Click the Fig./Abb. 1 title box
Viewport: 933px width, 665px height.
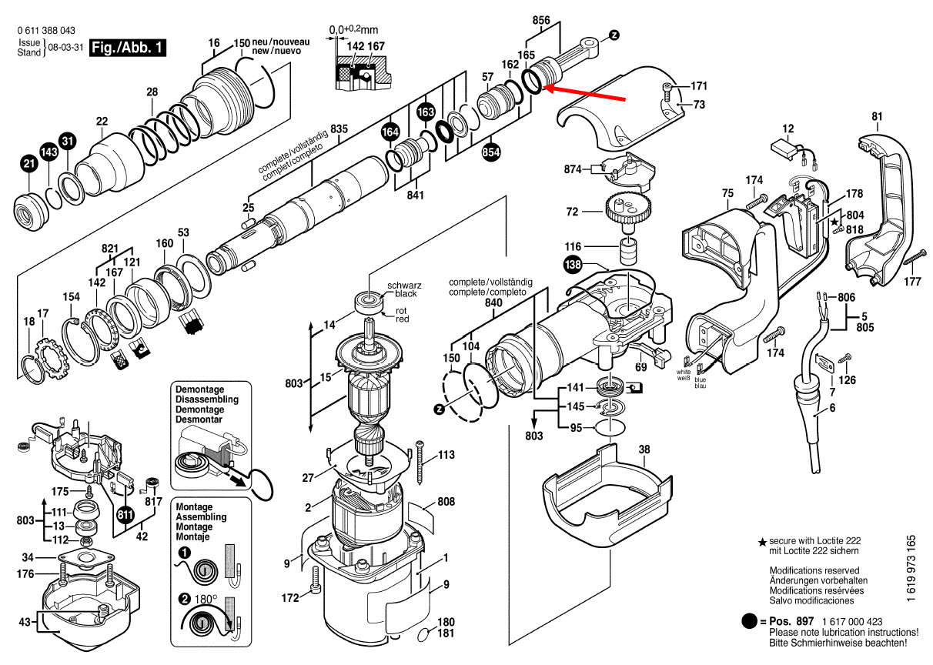coord(127,48)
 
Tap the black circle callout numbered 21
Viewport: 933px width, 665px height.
coord(28,163)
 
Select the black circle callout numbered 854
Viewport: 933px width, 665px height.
coord(490,152)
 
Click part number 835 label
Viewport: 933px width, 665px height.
coord(339,128)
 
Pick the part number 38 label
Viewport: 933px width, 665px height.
coord(644,450)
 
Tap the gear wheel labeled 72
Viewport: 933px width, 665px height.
coord(627,209)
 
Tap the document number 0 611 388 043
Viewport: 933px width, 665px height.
coord(45,31)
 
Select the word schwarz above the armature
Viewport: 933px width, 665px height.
coord(403,284)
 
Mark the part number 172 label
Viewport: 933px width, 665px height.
coord(289,597)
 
